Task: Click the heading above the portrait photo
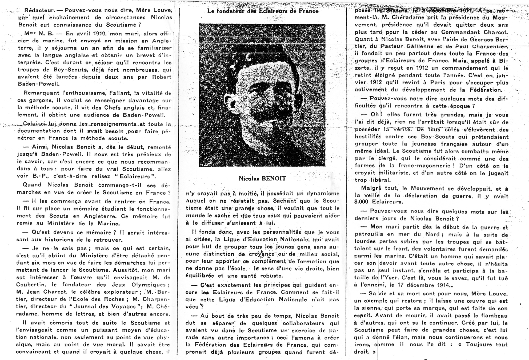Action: click(263, 11)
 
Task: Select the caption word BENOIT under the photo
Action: click(274, 179)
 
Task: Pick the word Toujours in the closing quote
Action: click(478, 344)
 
